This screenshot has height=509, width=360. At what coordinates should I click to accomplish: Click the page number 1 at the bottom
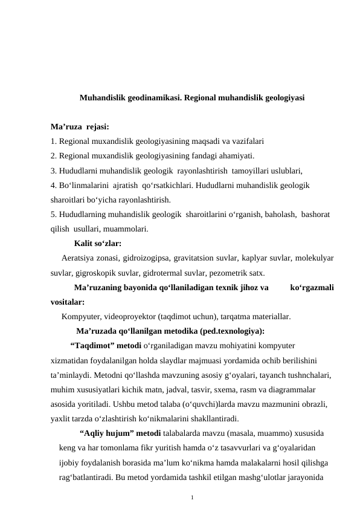(191, 497)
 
